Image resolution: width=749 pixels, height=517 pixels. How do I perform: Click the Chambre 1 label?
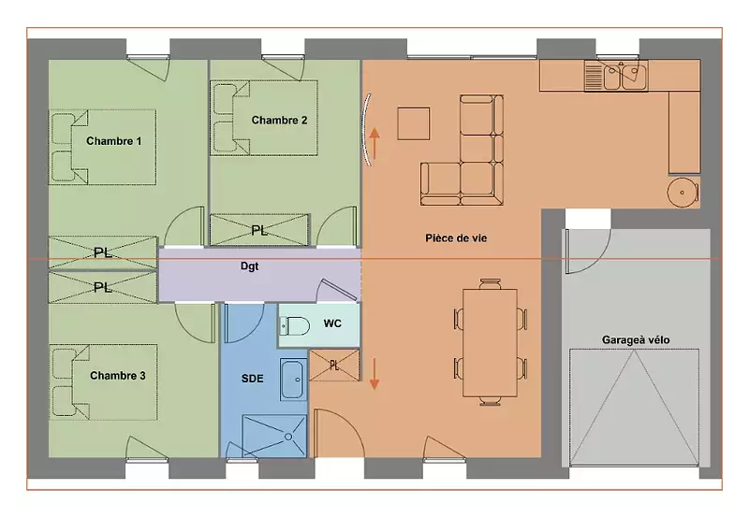click(x=113, y=141)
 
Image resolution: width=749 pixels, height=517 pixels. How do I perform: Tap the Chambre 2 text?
click(x=279, y=121)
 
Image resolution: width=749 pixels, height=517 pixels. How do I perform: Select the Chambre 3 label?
click(x=118, y=376)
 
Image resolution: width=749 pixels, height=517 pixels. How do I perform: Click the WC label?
click(x=332, y=323)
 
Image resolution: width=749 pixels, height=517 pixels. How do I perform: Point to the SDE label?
click(x=252, y=379)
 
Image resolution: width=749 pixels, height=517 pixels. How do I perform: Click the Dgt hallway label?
click(x=249, y=266)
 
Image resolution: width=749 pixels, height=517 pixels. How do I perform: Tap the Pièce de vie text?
click(x=456, y=238)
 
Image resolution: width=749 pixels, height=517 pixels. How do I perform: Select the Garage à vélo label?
click(x=636, y=340)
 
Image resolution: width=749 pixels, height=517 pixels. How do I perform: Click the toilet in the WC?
click(x=294, y=326)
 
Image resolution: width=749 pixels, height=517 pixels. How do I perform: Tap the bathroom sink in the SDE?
click(x=292, y=380)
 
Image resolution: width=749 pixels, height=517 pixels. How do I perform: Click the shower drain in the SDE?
click(x=288, y=437)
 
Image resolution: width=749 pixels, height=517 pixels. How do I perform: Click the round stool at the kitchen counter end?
click(x=683, y=193)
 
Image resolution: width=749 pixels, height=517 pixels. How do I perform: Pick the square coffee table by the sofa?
click(x=414, y=123)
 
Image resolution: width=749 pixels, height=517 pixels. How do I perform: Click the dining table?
click(x=490, y=343)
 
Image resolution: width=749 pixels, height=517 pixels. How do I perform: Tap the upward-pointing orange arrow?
click(x=374, y=143)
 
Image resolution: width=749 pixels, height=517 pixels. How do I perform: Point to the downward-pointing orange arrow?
click(x=374, y=374)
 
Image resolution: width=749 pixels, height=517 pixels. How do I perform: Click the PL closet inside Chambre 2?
click(x=259, y=230)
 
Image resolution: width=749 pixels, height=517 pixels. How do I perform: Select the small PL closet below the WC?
click(x=334, y=366)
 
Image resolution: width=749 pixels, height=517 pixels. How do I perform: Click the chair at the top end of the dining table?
click(x=490, y=284)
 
